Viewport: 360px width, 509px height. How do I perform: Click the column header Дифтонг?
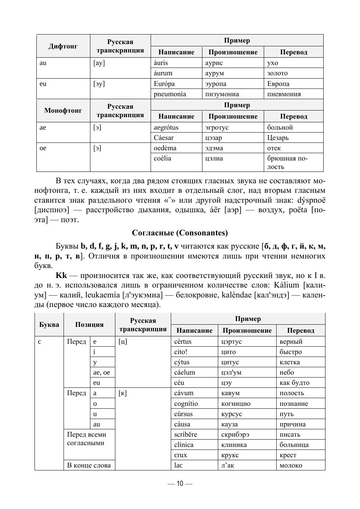[x=63, y=46]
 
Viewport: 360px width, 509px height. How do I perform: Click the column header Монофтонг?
[x=63, y=111]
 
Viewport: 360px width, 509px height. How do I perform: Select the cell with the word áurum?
[x=163, y=73]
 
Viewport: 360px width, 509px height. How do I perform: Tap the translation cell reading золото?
[x=277, y=73]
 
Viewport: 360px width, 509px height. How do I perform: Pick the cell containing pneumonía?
[x=170, y=94]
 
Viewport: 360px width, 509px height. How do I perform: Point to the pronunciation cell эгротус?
[x=217, y=127]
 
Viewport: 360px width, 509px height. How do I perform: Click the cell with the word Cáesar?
[x=164, y=138]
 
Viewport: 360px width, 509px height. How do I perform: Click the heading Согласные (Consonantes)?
[x=180, y=233]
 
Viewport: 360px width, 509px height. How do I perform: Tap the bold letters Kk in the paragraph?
[x=61, y=275]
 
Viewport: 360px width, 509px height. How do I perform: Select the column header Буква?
[x=49, y=325]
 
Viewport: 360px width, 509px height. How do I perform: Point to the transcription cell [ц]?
[x=123, y=342]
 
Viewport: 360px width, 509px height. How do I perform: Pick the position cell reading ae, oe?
[x=101, y=372]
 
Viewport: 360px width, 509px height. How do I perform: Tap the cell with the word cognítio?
[x=186, y=404]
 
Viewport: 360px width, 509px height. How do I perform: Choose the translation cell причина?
[x=292, y=424]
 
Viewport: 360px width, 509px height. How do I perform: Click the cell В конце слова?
[x=89, y=465]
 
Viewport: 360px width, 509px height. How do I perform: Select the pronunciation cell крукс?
[x=230, y=455]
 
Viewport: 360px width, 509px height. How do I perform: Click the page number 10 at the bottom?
[x=180, y=484]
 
